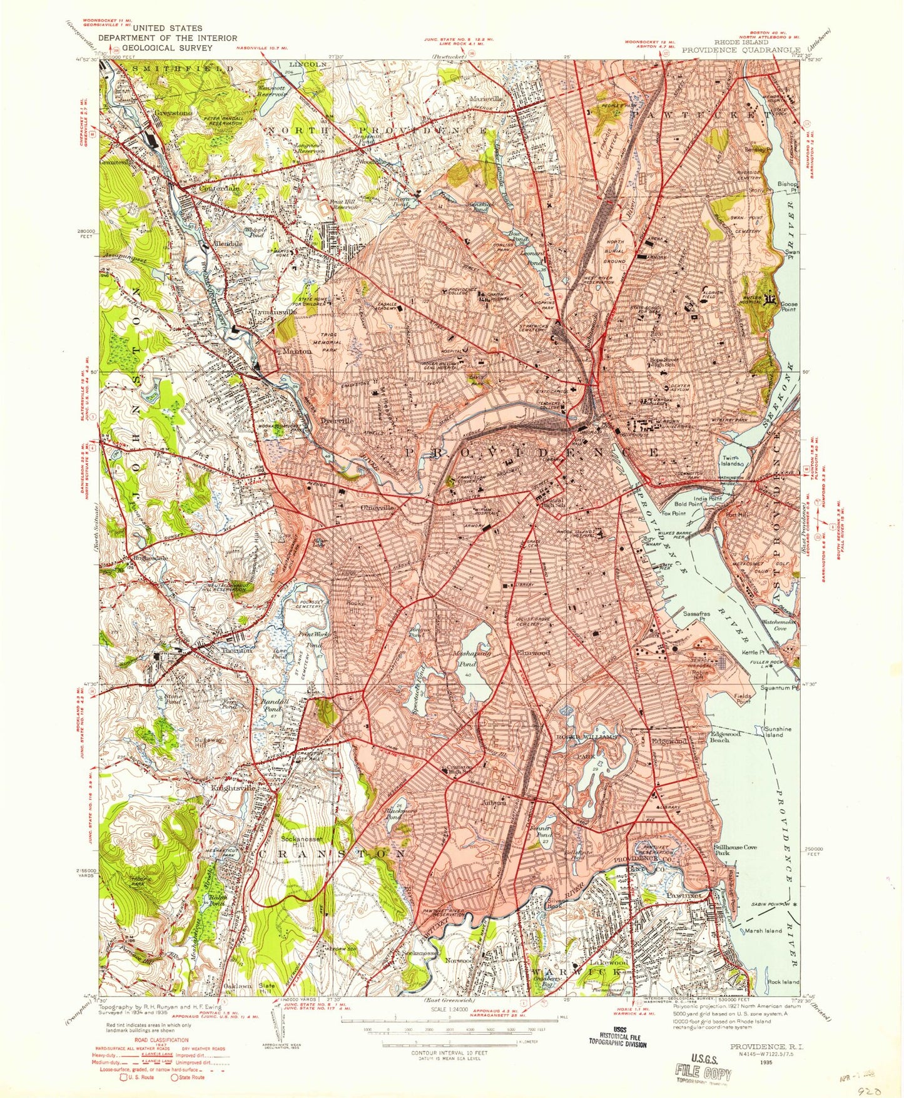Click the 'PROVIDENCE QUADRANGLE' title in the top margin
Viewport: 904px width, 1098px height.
(741, 49)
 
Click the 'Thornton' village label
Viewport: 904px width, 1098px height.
(236, 650)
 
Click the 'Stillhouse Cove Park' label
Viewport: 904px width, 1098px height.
(735, 850)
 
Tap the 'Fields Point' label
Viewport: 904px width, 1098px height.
(743, 698)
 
